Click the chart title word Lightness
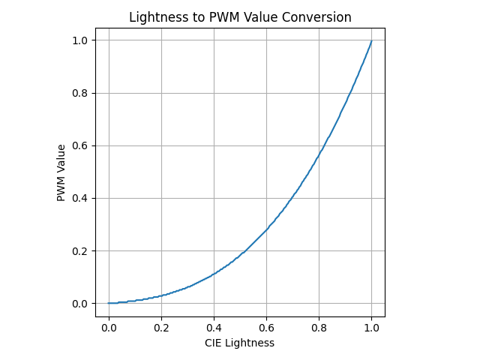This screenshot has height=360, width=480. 157,17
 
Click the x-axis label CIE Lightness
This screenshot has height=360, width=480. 239,343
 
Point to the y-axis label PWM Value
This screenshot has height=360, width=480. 61,172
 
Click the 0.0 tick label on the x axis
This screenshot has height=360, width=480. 109,328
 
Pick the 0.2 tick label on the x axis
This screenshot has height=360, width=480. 161,328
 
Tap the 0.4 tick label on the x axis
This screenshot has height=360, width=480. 214,328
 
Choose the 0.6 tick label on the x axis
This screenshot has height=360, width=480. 266,328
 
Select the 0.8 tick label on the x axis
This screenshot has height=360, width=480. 319,328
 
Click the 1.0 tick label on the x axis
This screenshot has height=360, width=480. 371,328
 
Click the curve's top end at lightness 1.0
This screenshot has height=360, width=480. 371,40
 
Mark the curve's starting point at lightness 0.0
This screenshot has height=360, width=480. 109,303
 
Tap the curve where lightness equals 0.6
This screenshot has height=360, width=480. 266,229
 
